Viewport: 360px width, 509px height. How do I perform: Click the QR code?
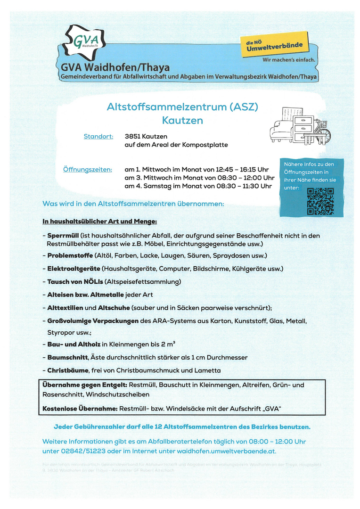[x=320, y=201]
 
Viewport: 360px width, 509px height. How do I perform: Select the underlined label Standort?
[x=98, y=137]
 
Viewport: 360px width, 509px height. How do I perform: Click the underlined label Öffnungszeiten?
[x=88, y=169]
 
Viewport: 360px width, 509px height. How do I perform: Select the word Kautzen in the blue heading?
[x=182, y=121]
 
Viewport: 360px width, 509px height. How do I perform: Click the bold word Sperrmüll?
[x=63, y=235]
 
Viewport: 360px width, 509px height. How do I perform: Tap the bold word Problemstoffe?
[x=70, y=256]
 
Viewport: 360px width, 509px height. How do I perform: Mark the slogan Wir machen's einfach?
[x=288, y=60]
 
